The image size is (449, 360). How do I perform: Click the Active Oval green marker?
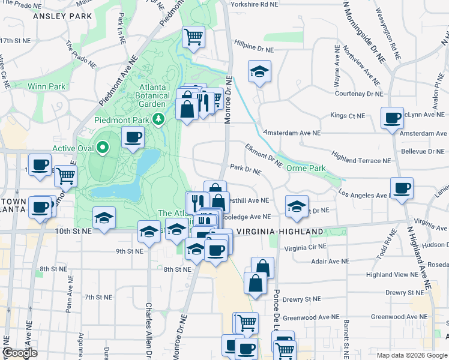click(103, 147)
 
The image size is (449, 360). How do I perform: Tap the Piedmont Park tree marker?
click(158, 119)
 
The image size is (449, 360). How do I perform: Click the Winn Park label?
click(46, 86)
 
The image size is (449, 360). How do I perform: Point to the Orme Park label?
click(306, 168)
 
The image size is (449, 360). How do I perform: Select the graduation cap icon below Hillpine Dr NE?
click(259, 72)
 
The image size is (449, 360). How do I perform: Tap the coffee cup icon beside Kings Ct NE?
click(393, 118)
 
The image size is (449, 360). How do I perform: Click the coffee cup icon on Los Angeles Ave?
click(402, 188)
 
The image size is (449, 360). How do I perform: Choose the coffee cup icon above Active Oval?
click(133, 137)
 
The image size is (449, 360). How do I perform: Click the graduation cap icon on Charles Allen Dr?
click(149, 232)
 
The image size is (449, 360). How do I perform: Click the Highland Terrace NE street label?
click(361, 161)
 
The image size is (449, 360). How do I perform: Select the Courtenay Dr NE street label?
click(358, 94)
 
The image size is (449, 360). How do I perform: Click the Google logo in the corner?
click(20, 353)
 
